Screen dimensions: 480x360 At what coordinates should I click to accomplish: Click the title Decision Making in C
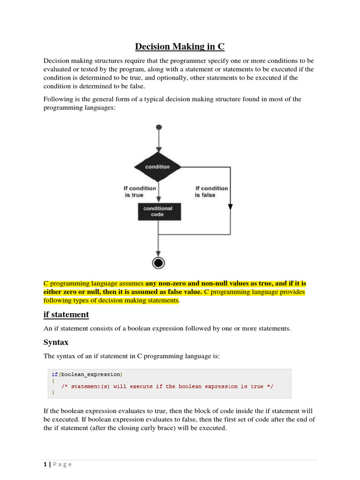tap(180, 46)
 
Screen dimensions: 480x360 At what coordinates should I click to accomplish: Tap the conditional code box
tap(159, 211)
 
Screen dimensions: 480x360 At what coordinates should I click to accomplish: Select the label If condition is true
tap(140, 191)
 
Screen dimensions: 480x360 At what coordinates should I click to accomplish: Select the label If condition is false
tap(211, 191)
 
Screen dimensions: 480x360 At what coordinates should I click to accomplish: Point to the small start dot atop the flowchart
tap(159, 127)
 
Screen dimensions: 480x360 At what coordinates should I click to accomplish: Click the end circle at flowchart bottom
tap(159, 262)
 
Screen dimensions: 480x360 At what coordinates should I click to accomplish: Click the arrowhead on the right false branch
tap(230, 207)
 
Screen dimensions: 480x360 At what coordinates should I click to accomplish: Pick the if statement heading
tap(66, 314)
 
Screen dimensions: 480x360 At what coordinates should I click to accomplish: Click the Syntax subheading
tap(56, 342)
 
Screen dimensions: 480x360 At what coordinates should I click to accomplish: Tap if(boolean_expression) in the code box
tap(87, 374)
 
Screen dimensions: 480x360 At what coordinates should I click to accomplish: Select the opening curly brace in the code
tap(53, 380)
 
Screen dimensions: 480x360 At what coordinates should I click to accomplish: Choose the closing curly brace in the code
tap(53, 392)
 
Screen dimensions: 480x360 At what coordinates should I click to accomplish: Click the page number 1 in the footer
tap(45, 464)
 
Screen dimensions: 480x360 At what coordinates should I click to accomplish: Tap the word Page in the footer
tap(62, 464)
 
